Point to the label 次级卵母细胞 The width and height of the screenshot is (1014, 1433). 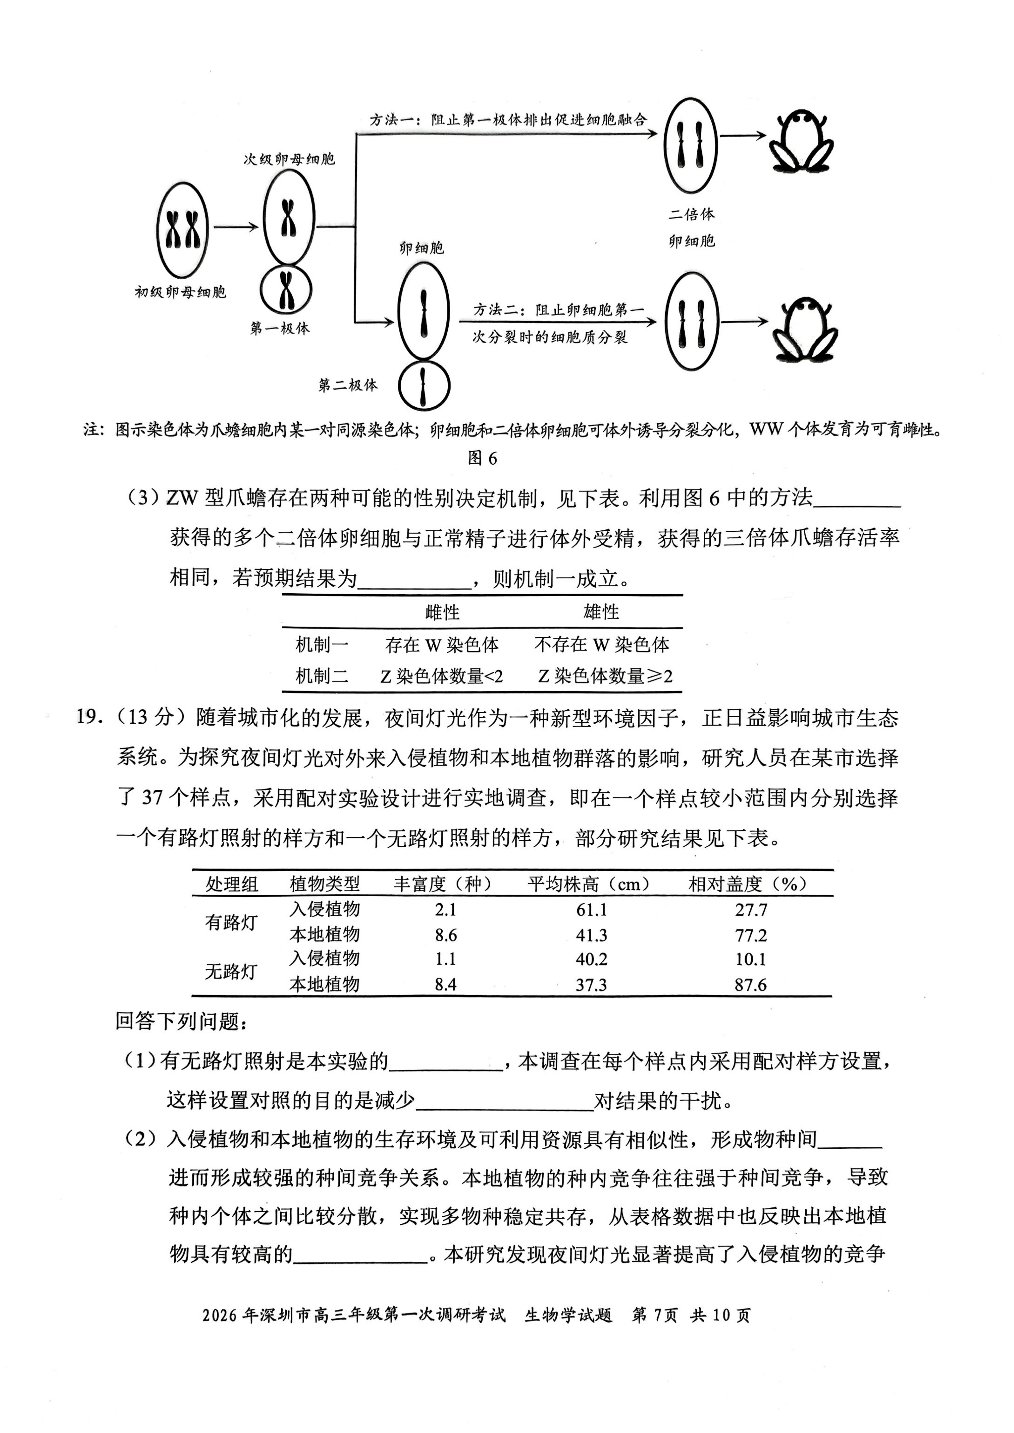click(x=289, y=159)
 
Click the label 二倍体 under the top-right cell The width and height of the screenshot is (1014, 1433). click(x=691, y=214)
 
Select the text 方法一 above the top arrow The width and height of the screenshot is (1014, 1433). click(x=391, y=119)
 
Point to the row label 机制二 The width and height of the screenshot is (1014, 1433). click(x=321, y=676)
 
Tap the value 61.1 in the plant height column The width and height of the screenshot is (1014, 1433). click(x=591, y=909)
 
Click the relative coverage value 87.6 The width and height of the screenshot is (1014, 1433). click(x=750, y=985)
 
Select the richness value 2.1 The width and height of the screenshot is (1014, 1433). click(x=445, y=909)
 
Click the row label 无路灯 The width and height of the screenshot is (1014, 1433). click(x=231, y=971)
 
